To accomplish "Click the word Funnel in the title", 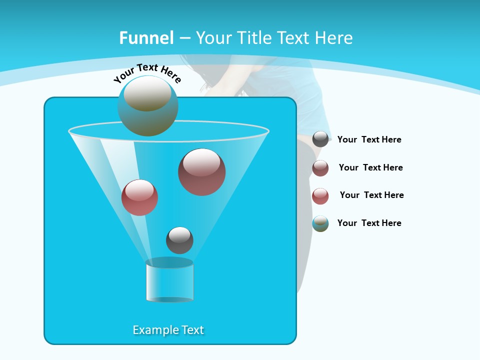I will click(x=146, y=38).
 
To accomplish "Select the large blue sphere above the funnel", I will click(x=148, y=105).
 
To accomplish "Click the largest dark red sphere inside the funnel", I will click(x=201, y=172).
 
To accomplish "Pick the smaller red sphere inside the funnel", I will click(x=139, y=197).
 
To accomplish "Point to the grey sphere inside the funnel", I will click(x=179, y=240).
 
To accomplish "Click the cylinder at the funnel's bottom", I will click(x=169, y=280).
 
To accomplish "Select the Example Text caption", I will click(x=168, y=330).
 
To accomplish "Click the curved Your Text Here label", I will click(x=147, y=73).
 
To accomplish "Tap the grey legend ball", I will click(x=320, y=139).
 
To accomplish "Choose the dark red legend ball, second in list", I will click(x=320, y=168).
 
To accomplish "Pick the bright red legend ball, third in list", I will click(x=320, y=196).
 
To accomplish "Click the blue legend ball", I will click(x=320, y=223).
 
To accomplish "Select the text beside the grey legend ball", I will click(x=369, y=140).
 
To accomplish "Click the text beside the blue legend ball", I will click(x=369, y=223).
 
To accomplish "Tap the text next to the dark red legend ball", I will click(x=370, y=167).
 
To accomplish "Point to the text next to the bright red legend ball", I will click(x=371, y=195).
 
